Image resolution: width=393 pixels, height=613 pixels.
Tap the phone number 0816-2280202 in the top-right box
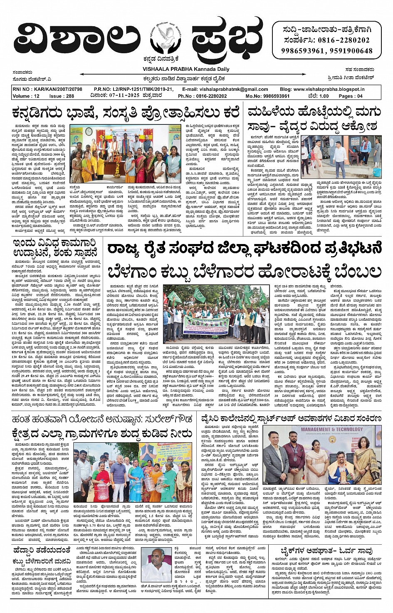tap(343, 40)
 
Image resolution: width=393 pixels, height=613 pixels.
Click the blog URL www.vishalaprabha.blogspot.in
tap(328, 89)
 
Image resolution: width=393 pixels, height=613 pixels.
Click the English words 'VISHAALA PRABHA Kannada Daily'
tap(186, 69)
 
